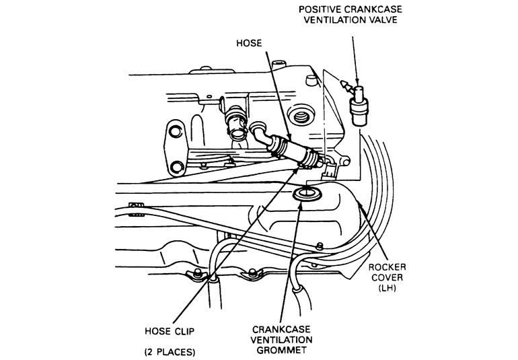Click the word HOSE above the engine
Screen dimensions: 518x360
tap(249, 43)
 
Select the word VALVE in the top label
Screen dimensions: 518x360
tap(383, 20)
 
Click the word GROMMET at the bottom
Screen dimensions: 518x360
tap(281, 350)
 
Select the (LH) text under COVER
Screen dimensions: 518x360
tap(387, 287)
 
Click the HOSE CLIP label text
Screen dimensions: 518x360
tap(170, 331)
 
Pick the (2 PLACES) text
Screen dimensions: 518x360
tap(170, 352)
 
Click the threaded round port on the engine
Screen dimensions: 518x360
tap(301, 116)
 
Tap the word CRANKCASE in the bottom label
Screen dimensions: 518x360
tap(281, 329)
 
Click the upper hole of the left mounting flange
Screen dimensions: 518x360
tap(175, 132)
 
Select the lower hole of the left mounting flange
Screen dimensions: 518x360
tap(178, 166)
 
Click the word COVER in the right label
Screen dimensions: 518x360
tap(387, 277)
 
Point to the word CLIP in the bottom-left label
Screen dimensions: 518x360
tap(184, 331)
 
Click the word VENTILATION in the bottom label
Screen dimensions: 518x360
tap(281, 340)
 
